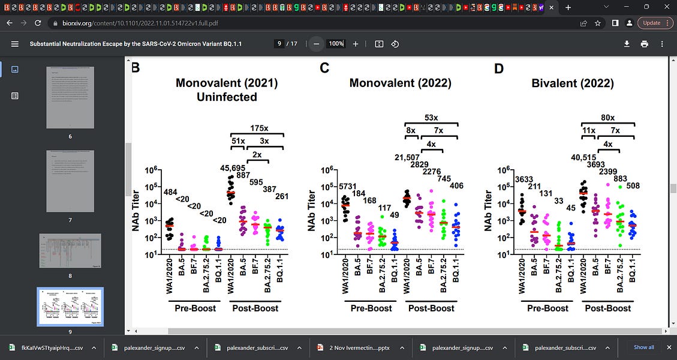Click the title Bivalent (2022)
click(x=573, y=83)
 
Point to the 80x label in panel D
click(x=608, y=118)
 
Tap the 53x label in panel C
click(x=431, y=118)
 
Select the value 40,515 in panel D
click(x=586, y=158)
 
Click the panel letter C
click(x=324, y=68)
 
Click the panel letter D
click(x=498, y=68)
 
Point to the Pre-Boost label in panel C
click(x=371, y=308)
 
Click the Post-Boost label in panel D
click(x=608, y=308)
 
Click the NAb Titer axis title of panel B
click(x=137, y=210)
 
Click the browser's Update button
click(x=651, y=23)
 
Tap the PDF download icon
click(x=627, y=44)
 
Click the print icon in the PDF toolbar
click(x=645, y=44)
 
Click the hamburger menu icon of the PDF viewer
click(x=15, y=44)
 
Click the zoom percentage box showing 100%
click(x=336, y=44)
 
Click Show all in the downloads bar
click(x=644, y=347)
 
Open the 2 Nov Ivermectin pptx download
click(x=354, y=347)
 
